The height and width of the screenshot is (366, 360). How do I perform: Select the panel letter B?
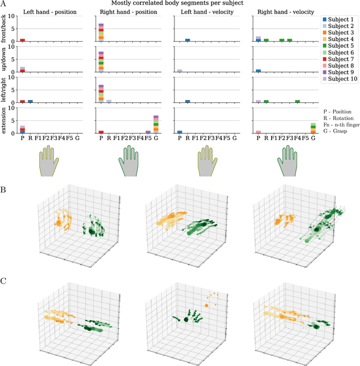point(4,189)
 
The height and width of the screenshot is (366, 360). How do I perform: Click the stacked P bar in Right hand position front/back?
point(101,33)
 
